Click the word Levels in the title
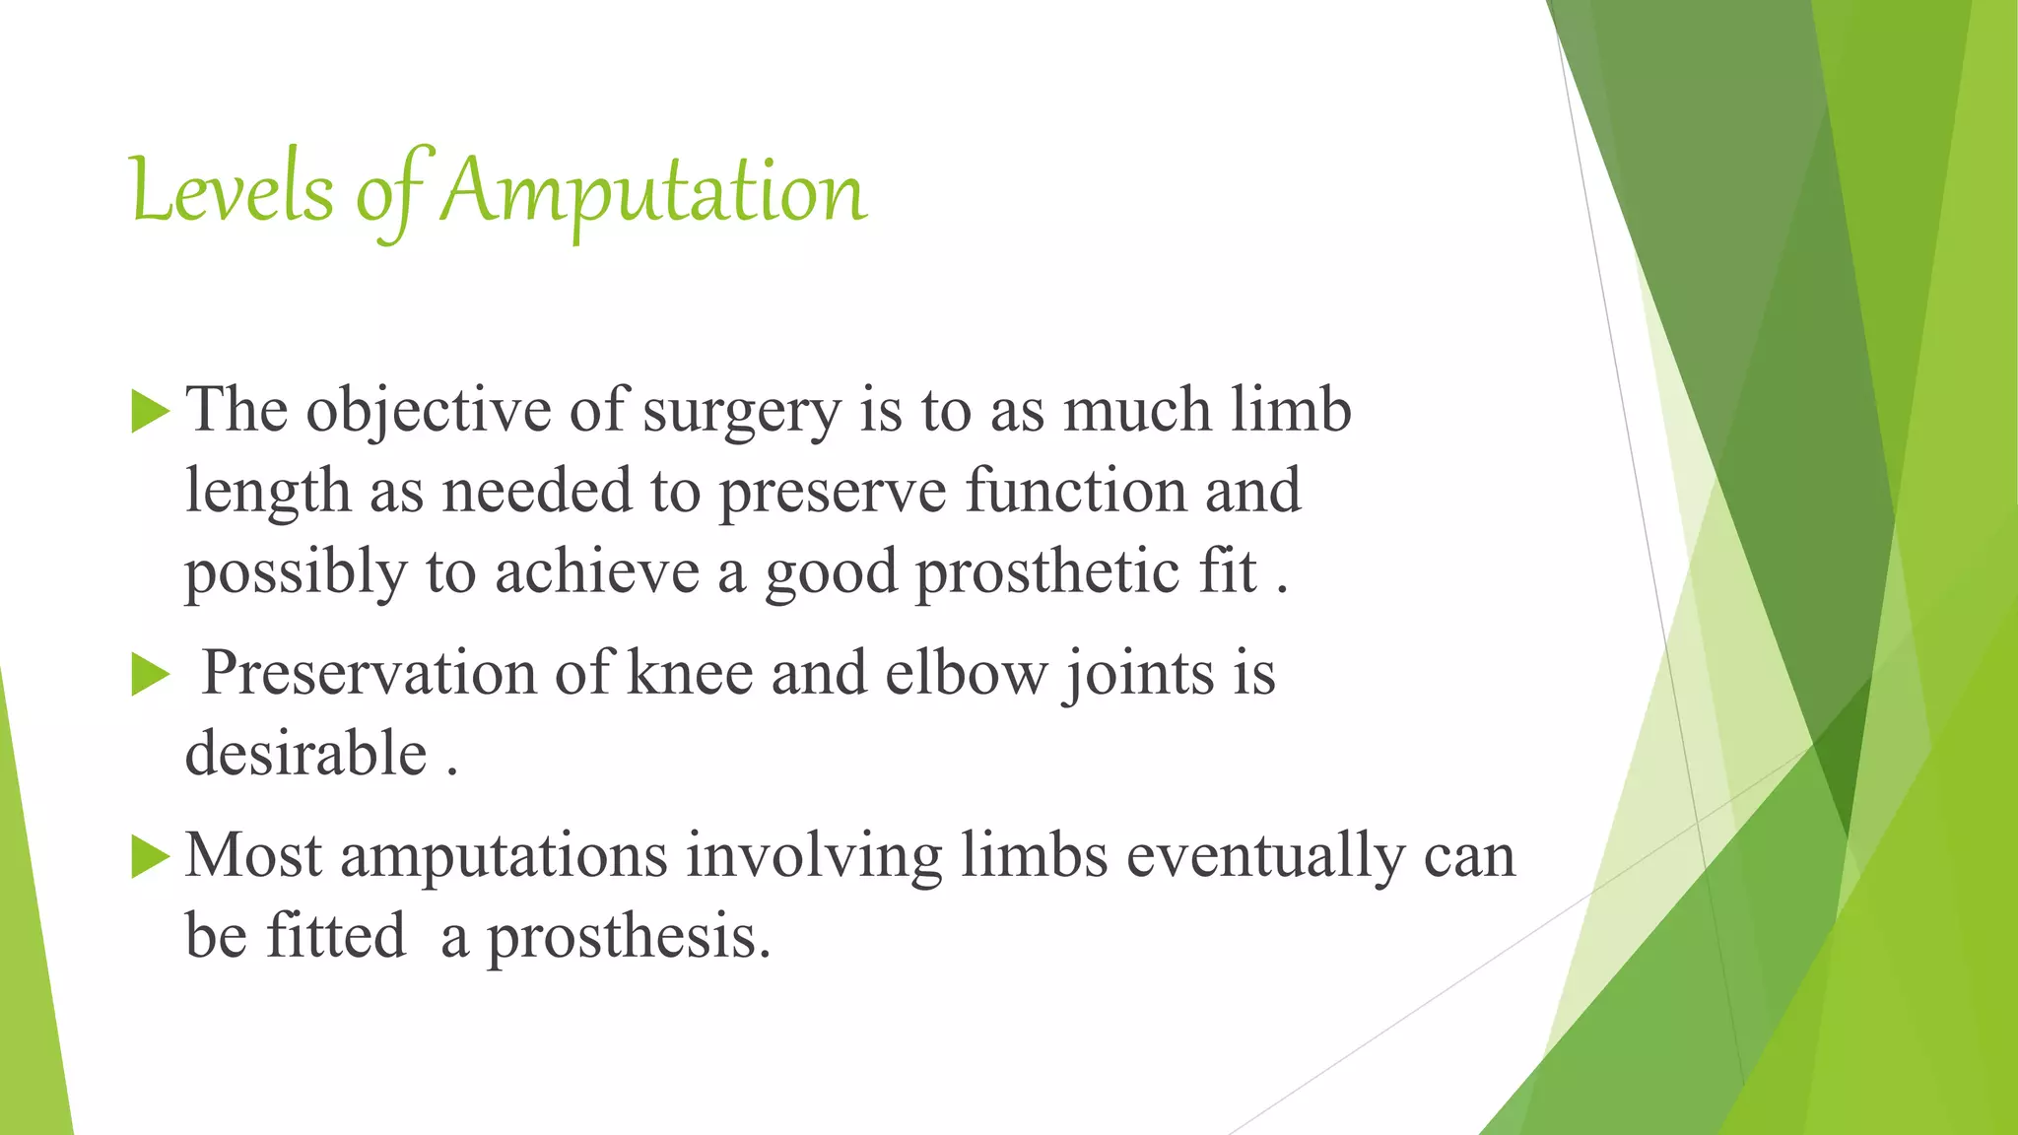coord(232,192)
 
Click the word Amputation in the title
coord(653,192)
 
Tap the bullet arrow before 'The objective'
coord(150,411)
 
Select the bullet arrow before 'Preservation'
coord(150,675)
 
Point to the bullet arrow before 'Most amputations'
coord(150,856)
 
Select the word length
coord(268,492)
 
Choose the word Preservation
coord(369,675)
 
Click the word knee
coord(690,675)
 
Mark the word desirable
coord(305,755)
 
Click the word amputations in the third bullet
coord(504,856)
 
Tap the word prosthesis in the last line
coord(628,937)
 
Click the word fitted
coord(336,935)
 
